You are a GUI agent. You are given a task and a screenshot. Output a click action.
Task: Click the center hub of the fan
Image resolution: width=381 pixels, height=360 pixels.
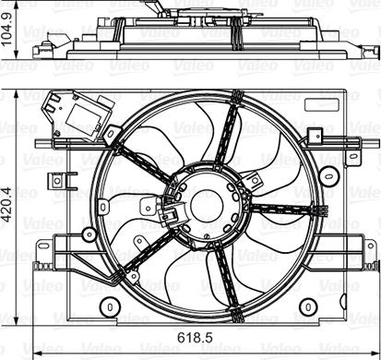pyautogui.click(x=205, y=204)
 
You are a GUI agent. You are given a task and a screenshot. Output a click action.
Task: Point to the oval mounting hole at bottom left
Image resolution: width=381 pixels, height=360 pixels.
pyautogui.click(x=109, y=306)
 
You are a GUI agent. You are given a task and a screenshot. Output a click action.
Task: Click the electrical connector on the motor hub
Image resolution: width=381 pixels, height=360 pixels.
pyautogui.click(x=169, y=216)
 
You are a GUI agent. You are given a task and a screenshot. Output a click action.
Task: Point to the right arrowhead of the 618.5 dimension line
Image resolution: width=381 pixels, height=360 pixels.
pyautogui.click(x=375, y=354)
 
